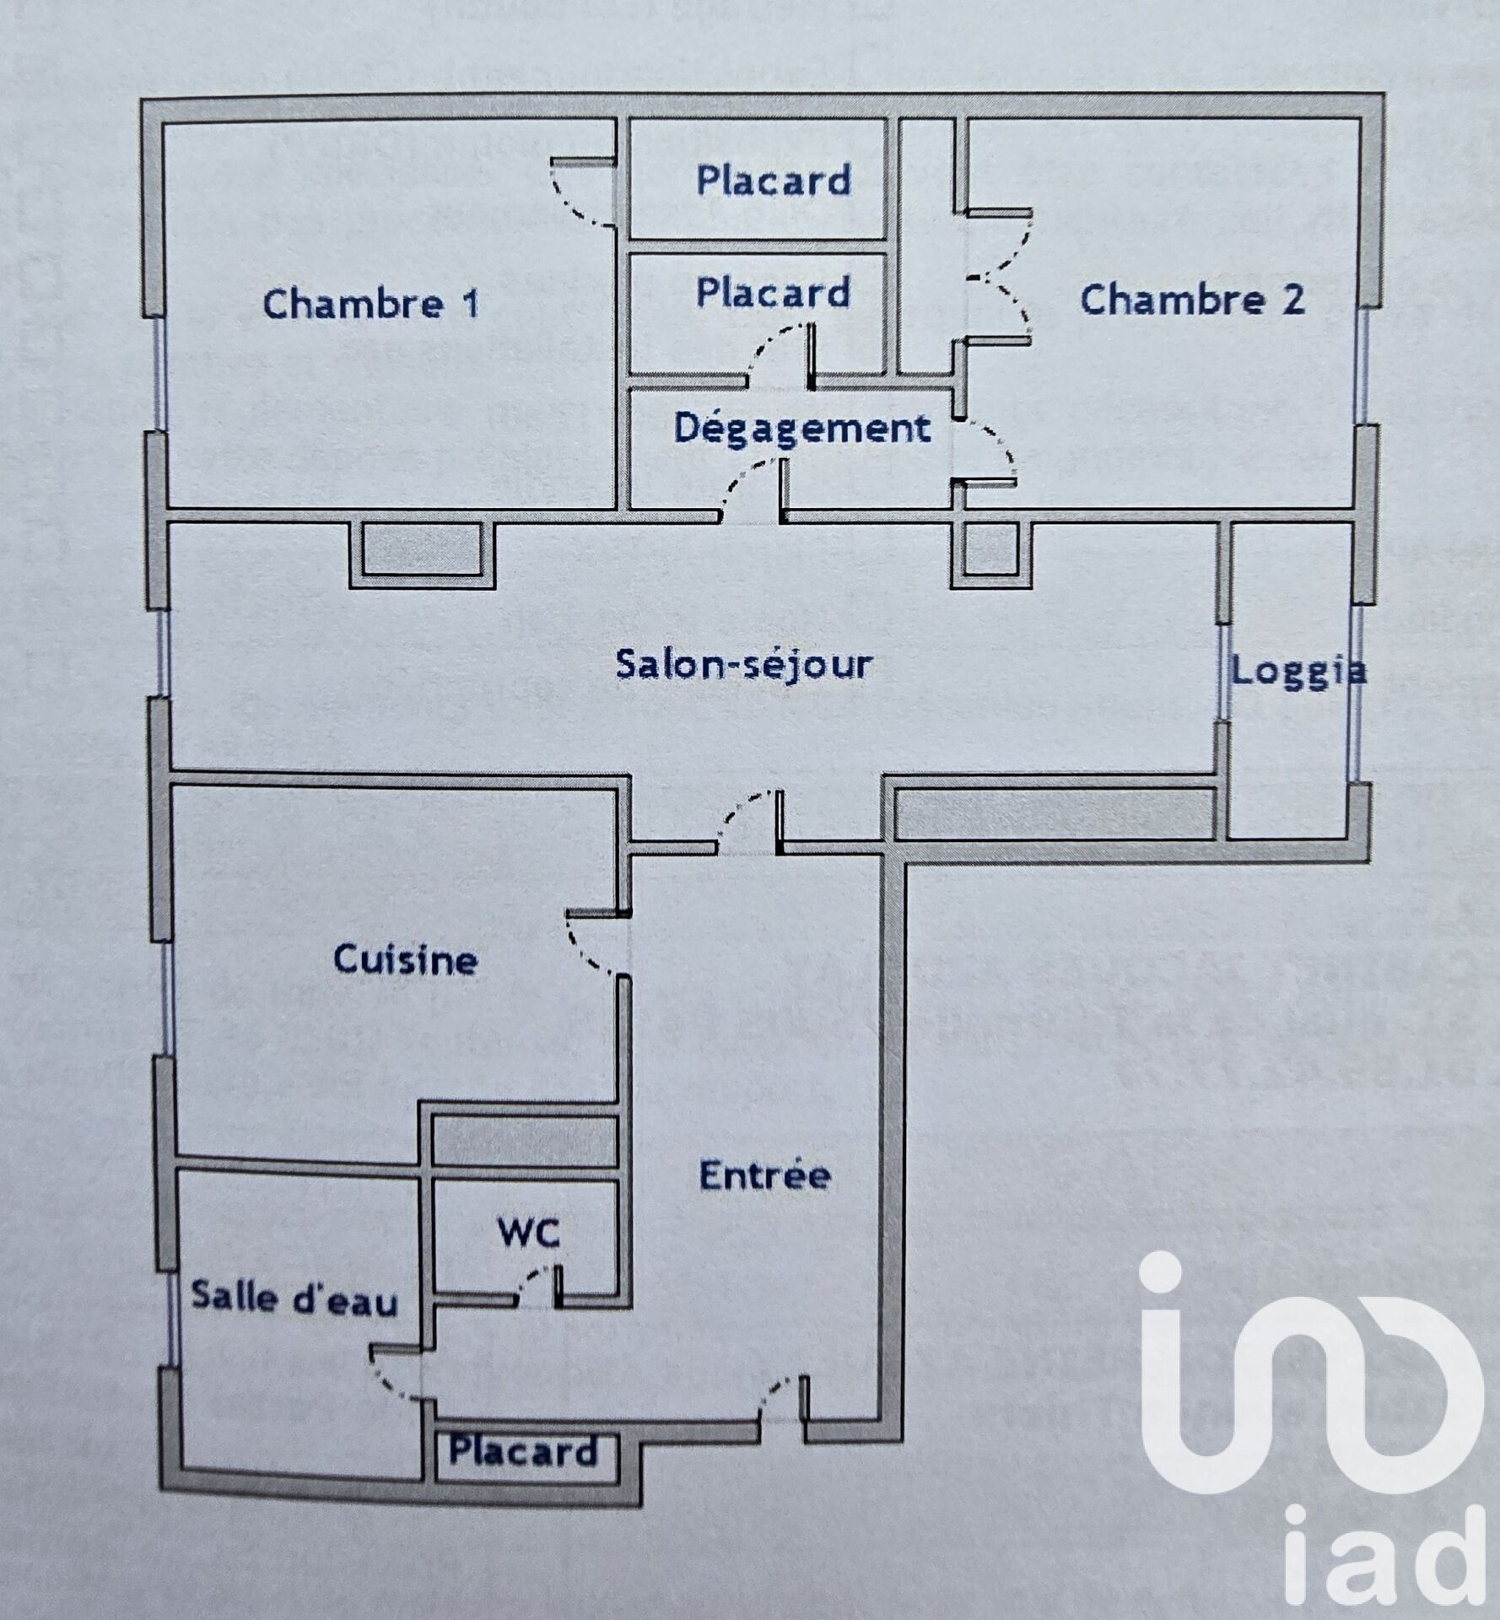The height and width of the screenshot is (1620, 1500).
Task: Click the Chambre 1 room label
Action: coord(371,304)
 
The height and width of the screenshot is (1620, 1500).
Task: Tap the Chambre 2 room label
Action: coord(1192,300)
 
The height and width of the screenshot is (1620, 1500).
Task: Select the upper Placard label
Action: coord(774,180)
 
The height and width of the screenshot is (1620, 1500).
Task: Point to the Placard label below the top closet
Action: coord(773,292)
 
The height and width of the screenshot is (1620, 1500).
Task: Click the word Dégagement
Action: coord(802,429)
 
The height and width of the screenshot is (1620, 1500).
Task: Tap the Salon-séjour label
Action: coord(743,664)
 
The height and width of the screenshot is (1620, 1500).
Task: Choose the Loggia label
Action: coord(1298,672)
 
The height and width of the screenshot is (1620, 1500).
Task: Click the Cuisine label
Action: coord(406,959)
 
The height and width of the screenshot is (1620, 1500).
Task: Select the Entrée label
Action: coord(765,1174)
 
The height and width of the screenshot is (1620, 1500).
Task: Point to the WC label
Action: coord(529,1233)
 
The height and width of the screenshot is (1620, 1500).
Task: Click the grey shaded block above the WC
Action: coord(524,1142)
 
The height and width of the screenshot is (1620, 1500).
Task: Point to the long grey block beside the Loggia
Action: coord(1055,813)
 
